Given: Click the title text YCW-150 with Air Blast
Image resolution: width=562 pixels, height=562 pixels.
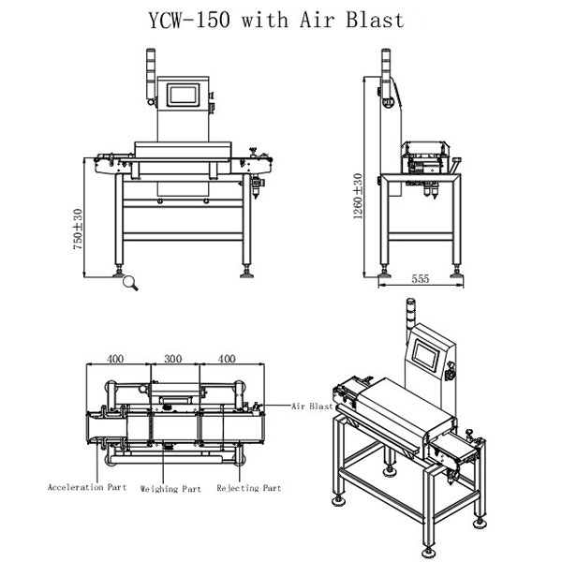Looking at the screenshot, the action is coord(276,20).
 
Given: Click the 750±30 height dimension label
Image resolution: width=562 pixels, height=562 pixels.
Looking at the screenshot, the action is coord(78,229).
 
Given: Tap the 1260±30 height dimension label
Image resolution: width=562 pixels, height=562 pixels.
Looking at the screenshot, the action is coord(358,196).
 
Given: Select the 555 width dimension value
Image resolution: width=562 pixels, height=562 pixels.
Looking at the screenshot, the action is coord(420,278).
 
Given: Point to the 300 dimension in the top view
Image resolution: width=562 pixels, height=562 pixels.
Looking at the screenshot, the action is coord(172,359).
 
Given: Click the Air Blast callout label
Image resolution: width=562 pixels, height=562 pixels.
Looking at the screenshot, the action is coord(312,407).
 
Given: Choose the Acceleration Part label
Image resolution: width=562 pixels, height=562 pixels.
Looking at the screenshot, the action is coord(87,487).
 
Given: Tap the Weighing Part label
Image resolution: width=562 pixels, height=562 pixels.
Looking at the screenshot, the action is coord(170,489).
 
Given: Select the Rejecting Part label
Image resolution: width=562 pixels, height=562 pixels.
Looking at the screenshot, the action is coord(249,488).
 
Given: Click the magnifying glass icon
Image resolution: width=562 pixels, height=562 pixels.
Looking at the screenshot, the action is coord(130,283).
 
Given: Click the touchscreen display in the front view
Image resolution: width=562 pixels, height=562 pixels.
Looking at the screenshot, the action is coord(183,95).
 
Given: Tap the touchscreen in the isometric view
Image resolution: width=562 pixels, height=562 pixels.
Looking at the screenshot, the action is coord(426,355).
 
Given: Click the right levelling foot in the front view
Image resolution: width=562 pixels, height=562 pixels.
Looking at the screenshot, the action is coord(246,272).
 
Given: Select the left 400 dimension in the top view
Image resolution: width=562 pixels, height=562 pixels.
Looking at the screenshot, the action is coord(115,359).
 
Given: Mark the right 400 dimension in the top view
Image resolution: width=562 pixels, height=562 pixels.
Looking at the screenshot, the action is coord(227,359).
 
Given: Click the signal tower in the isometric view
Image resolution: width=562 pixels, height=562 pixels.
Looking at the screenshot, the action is coord(411,317).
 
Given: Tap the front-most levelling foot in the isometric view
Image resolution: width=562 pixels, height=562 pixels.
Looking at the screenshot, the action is coord(428,552).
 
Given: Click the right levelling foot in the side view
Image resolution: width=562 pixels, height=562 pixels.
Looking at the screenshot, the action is coord(457,272).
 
